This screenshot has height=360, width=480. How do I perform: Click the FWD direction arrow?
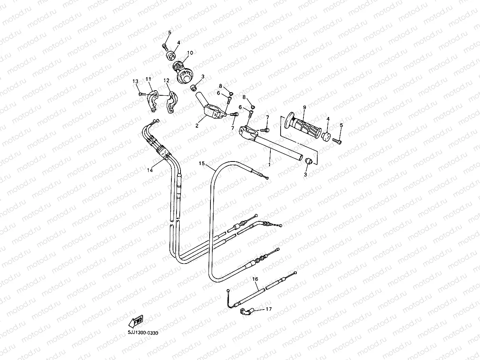coord(136,321)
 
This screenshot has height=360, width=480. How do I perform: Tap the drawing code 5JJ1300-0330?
coord(143,333)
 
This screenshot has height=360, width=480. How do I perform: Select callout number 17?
coord(268,309)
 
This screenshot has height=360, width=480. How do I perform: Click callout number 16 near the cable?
coord(255,279)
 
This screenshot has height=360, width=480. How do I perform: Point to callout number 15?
coord(202,163)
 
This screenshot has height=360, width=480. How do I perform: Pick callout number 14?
coord(149,170)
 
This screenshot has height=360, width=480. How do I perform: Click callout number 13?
coord(135,82)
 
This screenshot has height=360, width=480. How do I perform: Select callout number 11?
coord(149,79)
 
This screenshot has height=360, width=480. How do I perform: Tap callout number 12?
coord(166,80)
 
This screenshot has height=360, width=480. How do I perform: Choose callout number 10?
coord(190,53)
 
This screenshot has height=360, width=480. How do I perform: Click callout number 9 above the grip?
coord(304,107)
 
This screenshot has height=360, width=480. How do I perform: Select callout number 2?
coord(197,126)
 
